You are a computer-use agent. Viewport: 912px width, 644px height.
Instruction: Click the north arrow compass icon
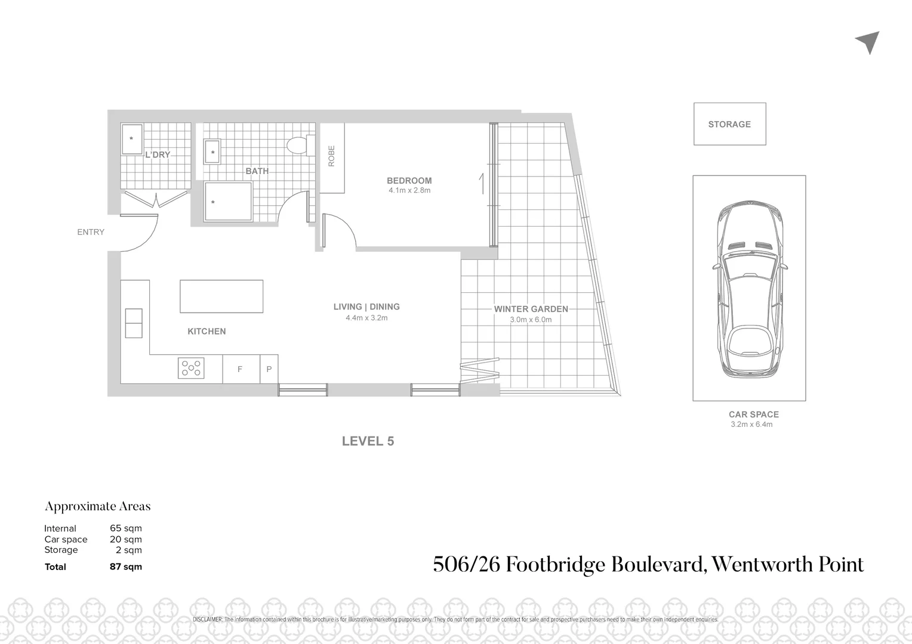(868, 42)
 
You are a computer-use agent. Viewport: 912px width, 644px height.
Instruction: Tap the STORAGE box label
(729, 124)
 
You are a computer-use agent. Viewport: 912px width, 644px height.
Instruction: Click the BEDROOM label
(409, 181)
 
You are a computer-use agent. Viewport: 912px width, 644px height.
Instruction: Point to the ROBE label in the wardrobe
(332, 156)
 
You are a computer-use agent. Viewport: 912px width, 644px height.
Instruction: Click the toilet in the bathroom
(299, 145)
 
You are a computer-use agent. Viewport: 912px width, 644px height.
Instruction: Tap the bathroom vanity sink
(212, 151)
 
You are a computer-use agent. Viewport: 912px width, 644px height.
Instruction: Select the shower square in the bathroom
(228, 202)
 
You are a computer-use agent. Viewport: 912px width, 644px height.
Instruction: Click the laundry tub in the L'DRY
(131, 139)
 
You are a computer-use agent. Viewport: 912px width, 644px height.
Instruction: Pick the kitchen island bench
(221, 296)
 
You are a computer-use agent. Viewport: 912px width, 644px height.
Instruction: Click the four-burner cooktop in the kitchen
(191, 368)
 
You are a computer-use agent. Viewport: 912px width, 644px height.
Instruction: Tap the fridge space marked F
(240, 369)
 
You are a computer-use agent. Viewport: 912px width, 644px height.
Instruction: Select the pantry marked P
(269, 369)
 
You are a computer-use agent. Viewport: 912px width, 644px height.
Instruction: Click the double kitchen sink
(134, 323)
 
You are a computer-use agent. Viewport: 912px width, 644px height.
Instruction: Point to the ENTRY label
(91, 232)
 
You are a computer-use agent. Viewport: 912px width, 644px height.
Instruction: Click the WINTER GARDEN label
(531, 309)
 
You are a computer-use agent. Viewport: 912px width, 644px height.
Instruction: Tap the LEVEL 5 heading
(368, 441)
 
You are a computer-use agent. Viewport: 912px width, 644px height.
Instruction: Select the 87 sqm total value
(126, 566)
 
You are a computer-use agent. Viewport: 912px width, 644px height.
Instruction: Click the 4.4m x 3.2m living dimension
(366, 318)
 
